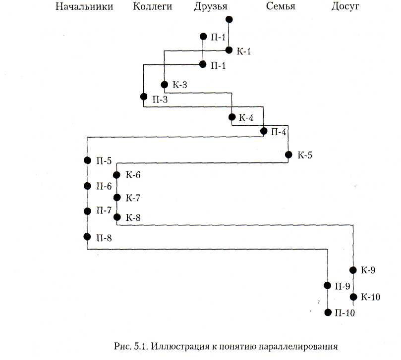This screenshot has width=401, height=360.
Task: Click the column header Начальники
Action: tap(84, 7)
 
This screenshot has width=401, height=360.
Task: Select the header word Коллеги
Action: tap(152, 7)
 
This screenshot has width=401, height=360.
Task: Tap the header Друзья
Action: tap(211, 7)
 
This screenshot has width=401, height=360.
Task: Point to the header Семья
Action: tap(281, 7)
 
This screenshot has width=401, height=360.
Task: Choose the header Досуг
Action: tap(345, 7)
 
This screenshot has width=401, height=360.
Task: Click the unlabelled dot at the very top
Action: tap(229, 19)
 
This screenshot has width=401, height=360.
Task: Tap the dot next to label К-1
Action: tap(229, 50)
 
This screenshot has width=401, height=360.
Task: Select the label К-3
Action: tap(180, 85)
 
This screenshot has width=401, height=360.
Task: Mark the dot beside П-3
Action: tap(143, 97)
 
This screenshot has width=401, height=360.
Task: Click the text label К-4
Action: tap(246, 118)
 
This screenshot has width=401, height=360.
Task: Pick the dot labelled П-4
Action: tap(264, 131)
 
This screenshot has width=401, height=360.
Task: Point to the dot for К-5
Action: tap(288, 155)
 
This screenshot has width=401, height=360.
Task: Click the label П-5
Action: tap(104, 160)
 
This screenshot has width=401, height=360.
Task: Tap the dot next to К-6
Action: tap(117, 175)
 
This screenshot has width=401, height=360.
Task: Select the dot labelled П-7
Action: tap(87, 211)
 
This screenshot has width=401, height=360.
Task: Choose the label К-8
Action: tap(134, 217)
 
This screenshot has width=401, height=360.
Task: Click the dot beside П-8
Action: tap(87, 237)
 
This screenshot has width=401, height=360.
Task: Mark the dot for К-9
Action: tap(353, 270)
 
